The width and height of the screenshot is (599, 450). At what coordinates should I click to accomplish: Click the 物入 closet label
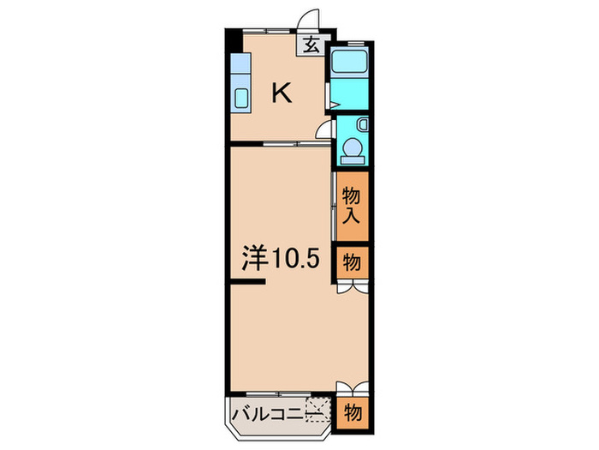tap(352, 206)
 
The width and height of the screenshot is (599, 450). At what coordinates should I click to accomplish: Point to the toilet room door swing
tap(324, 129)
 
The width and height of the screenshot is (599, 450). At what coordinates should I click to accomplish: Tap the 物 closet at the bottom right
tap(352, 412)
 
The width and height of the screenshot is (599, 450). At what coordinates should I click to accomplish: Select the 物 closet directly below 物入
tap(352, 262)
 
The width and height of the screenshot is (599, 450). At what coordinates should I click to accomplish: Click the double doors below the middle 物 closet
tap(352, 289)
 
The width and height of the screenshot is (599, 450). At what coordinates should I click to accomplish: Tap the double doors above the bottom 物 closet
tap(352, 387)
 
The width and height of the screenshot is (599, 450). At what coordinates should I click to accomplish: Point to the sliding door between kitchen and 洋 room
tap(282, 145)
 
